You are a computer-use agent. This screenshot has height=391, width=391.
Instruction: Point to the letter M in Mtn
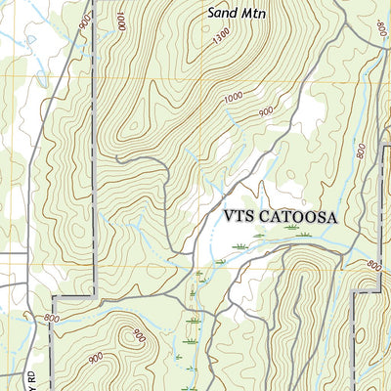(244, 15)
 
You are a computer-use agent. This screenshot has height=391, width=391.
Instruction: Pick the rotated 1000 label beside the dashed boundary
(119, 20)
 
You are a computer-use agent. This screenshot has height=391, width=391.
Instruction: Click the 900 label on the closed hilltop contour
(137, 335)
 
